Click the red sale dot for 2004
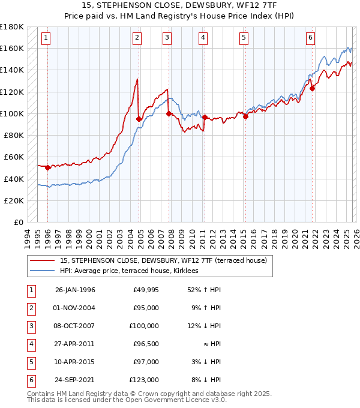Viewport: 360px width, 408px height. click(139, 119)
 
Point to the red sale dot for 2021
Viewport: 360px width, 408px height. click(312, 88)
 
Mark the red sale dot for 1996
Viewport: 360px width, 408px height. click(47, 168)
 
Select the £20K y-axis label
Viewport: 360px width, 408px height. click(14, 200)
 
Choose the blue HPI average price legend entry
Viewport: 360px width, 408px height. click(133, 271)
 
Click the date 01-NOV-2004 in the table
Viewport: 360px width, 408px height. click(75, 308)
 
